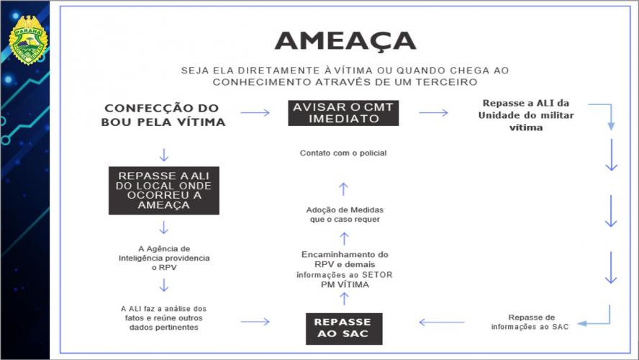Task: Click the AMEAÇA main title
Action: [344, 40]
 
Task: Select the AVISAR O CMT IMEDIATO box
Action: [344, 113]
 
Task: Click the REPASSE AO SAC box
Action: [343, 328]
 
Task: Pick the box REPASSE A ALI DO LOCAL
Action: [163, 191]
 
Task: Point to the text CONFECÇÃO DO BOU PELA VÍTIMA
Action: [164, 115]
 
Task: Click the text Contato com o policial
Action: [343, 153]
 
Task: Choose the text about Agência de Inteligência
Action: [164, 257]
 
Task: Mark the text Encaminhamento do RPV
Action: [343, 269]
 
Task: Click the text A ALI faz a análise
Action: [163, 317]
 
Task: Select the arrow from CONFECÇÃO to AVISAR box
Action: [255, 113]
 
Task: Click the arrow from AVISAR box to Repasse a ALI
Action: [433, 113]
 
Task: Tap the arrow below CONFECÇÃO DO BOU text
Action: [164, 155]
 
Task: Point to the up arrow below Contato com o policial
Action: [343, 188]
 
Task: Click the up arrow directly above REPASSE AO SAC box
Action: [343, 299]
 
